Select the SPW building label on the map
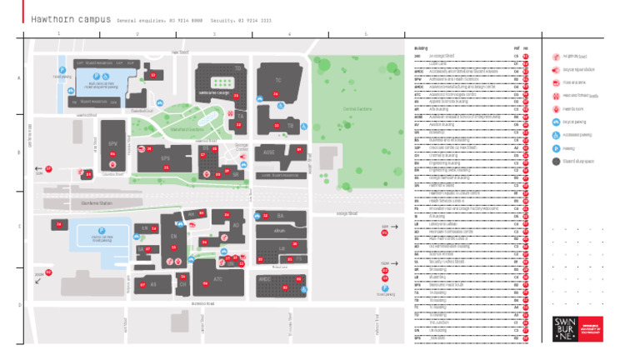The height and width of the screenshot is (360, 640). coord(113,143)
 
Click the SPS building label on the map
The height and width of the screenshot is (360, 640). coord(165,157)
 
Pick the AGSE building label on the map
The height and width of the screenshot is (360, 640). coord(268,152)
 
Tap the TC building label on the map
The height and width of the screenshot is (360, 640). coord(278,78)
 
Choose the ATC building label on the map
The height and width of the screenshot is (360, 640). coord(217,279)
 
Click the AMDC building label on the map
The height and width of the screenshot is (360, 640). coord(265,279)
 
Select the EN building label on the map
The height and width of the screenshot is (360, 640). coord(173,236)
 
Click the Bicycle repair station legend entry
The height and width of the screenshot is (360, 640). coord(573,69)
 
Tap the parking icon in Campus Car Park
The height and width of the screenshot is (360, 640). coord(102,230)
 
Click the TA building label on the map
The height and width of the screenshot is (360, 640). coord(241,117)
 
